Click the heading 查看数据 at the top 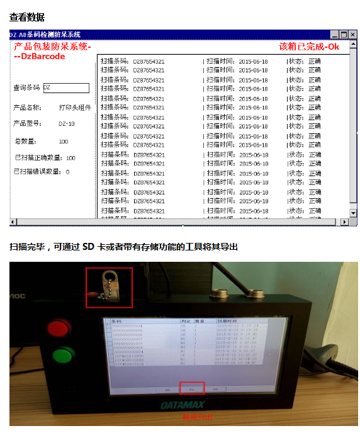pos(26,17)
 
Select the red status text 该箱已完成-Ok pos(309,47)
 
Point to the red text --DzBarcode pos(40,57)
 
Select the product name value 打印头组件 pos(75,108)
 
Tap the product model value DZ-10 pos(66,123)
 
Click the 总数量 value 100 pos(64,142)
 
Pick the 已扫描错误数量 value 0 pos(67,172)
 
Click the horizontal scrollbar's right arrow pos(344,222)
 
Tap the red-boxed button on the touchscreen pos(192,388)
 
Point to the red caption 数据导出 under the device pos(198,417)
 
